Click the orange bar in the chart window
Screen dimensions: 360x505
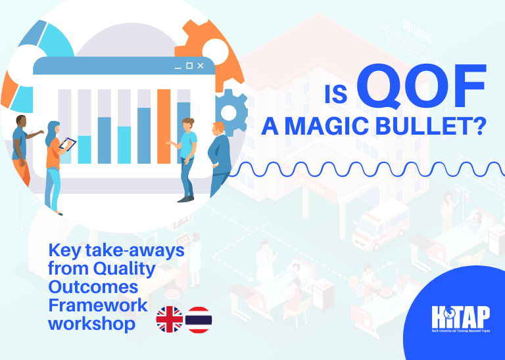coord(164,125)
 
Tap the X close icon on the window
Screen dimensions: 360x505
coord(201,66)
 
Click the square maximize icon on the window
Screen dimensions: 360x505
coord(189,66)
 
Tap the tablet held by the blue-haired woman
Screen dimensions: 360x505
coord(65,144)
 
